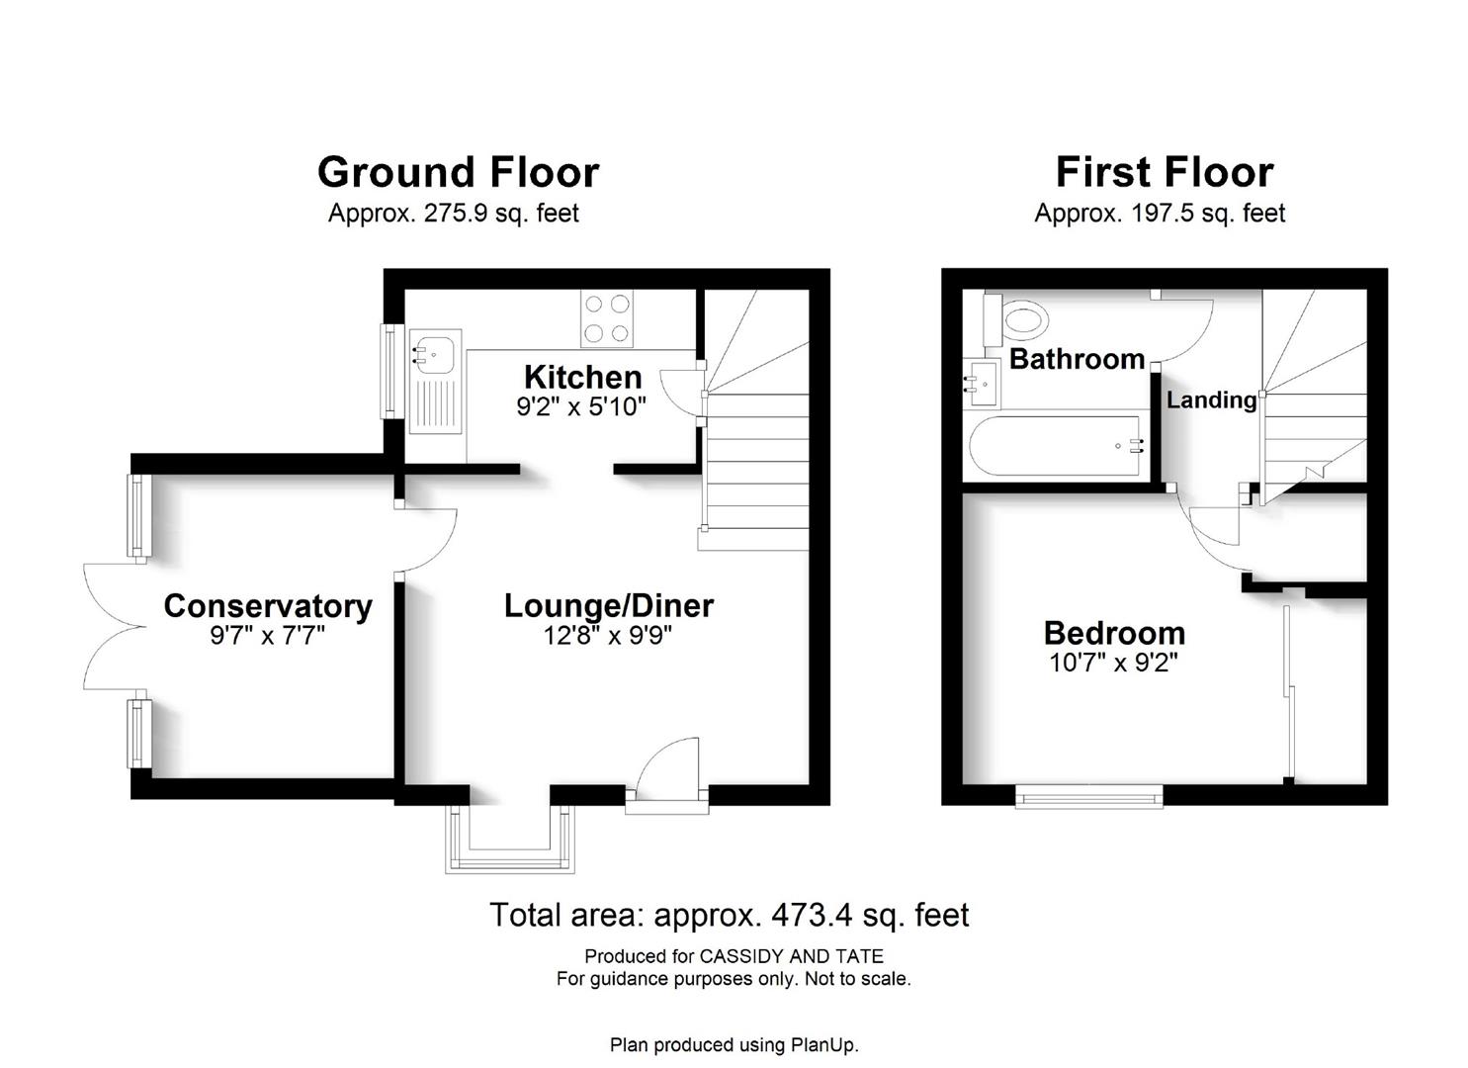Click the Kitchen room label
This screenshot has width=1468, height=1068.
tap(582, 378)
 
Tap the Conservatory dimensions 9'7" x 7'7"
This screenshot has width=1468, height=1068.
tap(267, 635)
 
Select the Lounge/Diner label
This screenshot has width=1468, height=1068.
tap(609, 606)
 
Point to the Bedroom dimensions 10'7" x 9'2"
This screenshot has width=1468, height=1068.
tap(1114, 663)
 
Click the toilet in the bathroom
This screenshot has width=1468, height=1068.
tap(1015, 320)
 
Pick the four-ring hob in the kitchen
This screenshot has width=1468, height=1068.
tap(607, 318)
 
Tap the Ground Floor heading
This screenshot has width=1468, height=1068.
tap(458, 172)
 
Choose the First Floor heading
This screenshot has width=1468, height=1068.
tap(1165, 172)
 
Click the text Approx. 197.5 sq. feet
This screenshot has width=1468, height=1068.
tap(1160, 214)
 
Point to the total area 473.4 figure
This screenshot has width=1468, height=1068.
tap(812, 915)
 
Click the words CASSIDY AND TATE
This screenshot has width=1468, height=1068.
tap(792, 956)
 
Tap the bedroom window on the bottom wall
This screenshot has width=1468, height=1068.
tap(1089, 796)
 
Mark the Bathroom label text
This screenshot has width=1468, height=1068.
tap(1077, 359)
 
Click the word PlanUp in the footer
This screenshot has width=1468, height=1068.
tap(823, 1045)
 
